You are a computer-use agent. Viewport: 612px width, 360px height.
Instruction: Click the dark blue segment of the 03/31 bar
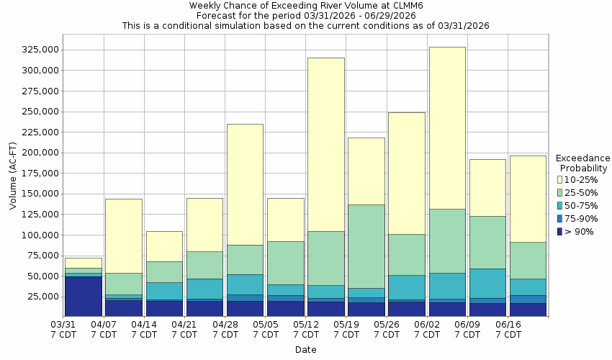click(83, 296)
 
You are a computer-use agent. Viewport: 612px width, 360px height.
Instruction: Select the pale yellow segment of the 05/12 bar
click(325, 144)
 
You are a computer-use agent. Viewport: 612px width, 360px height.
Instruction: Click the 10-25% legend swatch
click(559, 179)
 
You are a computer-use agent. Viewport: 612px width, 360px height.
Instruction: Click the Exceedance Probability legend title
click(583, 163)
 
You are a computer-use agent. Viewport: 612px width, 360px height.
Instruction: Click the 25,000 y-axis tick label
click(42, 296)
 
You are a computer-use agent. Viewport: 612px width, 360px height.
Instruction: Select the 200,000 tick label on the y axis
click(39, 153)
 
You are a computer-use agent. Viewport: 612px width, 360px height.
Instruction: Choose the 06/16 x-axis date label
click(509, 330)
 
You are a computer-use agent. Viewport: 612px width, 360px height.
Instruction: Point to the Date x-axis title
click(305, 350)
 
